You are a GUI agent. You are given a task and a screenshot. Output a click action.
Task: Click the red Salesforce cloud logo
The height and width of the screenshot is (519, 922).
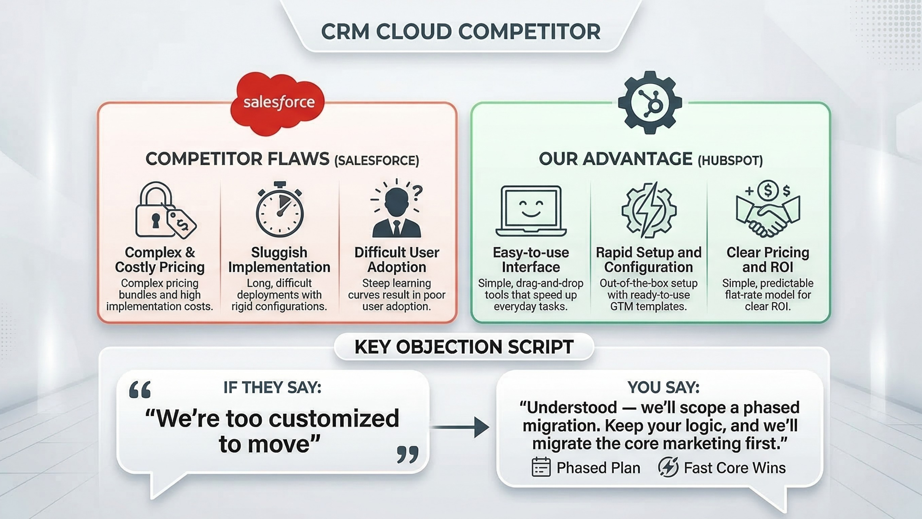278,103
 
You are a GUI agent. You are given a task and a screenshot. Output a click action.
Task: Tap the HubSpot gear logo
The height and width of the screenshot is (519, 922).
650,103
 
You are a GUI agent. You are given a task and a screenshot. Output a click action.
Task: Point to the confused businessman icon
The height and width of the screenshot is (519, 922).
396,209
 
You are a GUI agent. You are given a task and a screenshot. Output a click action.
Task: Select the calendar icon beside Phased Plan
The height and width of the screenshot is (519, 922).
541,467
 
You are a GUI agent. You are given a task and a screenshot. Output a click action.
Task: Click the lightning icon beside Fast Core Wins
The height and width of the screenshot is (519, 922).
668,467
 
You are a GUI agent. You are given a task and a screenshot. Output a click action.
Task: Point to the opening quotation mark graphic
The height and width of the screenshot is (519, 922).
140,390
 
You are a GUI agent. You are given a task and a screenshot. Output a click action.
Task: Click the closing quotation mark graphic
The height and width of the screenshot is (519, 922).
408,454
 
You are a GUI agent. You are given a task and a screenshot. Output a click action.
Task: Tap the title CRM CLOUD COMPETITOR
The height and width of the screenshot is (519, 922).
461,32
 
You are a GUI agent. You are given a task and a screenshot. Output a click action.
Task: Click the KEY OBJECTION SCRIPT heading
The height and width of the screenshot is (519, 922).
464,347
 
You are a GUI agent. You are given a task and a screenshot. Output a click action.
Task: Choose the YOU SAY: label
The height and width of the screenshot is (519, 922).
663,387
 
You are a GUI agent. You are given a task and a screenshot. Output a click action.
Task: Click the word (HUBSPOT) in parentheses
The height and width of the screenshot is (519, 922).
730,161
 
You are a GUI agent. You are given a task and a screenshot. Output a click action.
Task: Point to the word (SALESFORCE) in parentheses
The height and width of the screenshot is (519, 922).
377,161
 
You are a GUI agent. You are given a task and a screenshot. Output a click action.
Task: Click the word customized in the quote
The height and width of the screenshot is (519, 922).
334,418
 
